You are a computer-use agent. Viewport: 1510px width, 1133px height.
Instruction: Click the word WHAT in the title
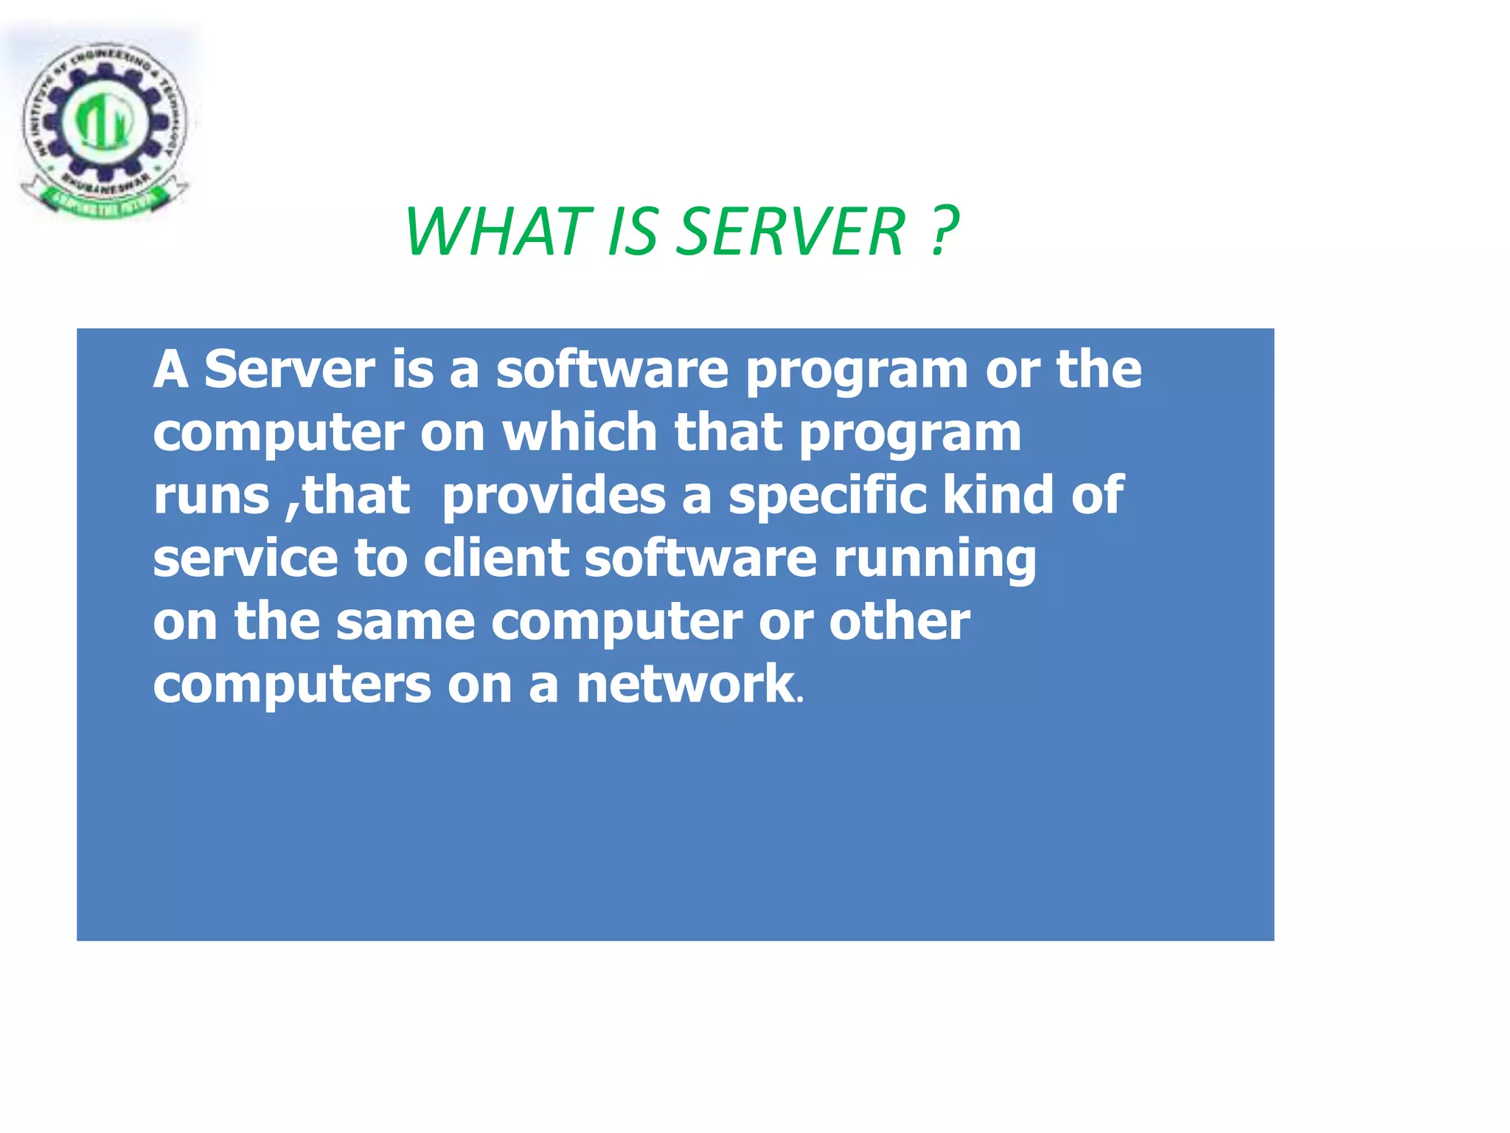pos(498,232)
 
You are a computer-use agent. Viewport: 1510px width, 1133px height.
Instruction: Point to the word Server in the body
pos(289,369)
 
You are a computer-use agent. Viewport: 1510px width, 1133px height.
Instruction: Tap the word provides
pos(553,495)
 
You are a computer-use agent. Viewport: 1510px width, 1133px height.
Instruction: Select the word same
pos(405,622)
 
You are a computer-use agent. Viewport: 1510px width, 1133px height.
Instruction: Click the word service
pos(245,558)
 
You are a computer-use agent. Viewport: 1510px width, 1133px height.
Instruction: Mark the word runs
pos(211,496)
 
